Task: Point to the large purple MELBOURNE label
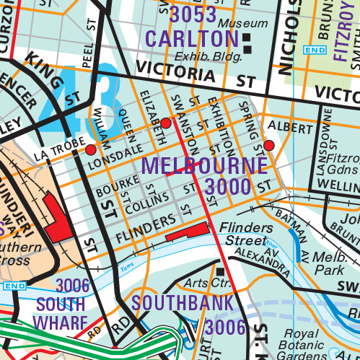[204, 165]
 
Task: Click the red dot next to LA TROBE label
[91, 150]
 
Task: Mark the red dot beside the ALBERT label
[269, 146]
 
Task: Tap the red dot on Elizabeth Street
[165, 123]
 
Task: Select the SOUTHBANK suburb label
[183, 303]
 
